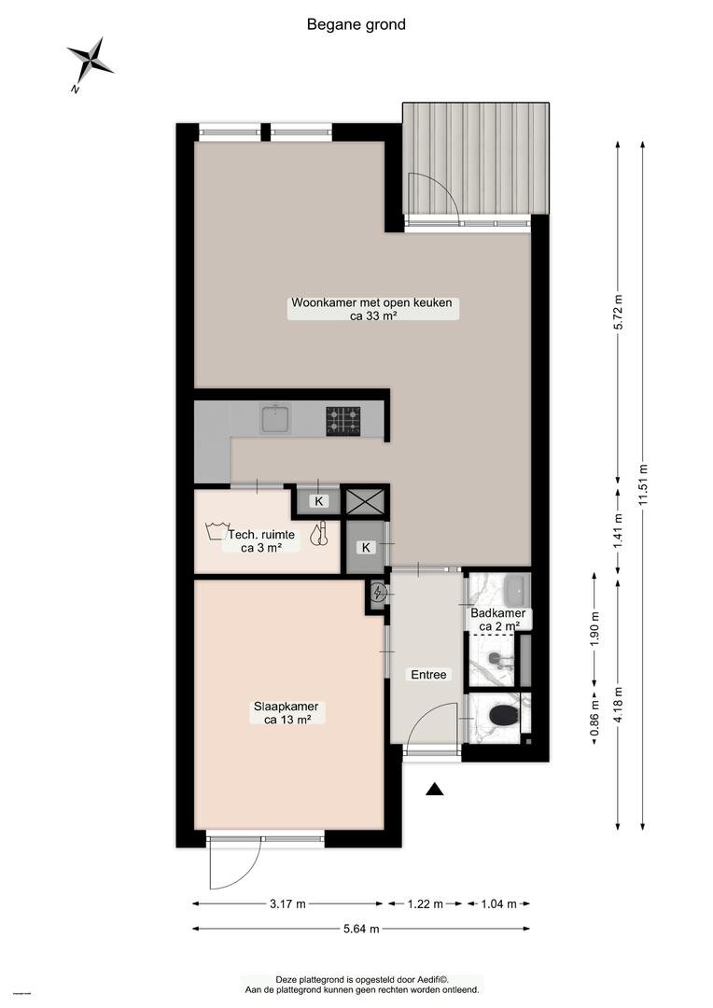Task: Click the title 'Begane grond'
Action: tap(356, 24)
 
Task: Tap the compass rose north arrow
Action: tap(90, 61)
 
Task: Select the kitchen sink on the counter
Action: tap(276, 418)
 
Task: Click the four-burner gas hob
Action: tap(343, 421)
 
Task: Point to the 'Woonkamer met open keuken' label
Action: tap(371, 302)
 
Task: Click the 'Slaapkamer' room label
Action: tap(287, 707)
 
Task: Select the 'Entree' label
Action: tap(429, 675)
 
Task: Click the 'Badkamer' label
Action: tap(498, 613)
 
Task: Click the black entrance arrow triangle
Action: tap(435, 790)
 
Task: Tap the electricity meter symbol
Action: tap(379, 593)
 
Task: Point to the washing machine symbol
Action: tap(216, 530)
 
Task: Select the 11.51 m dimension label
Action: tap(644, 484)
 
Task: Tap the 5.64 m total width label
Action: tap(360, 929)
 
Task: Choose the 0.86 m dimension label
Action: tap(594, 717)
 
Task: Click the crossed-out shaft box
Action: tap(365, 501)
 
